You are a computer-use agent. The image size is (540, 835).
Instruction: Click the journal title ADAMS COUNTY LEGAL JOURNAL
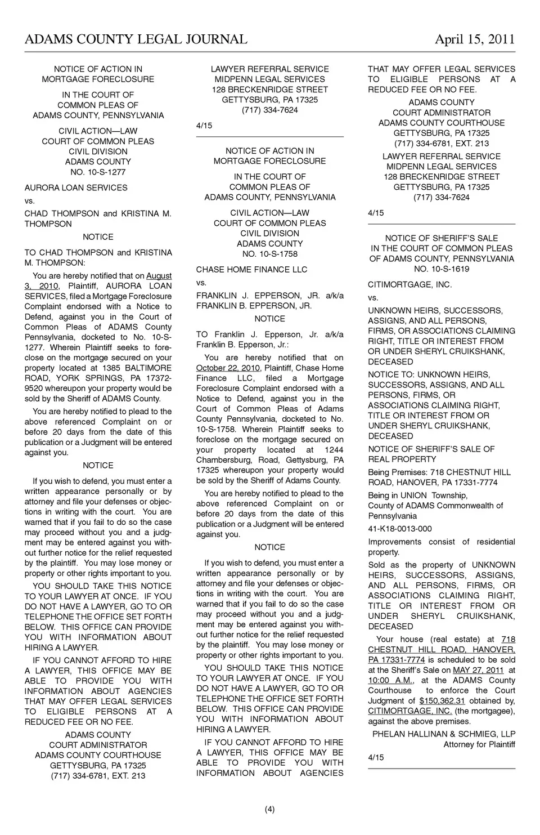pyautogui.click(x=136, y=39)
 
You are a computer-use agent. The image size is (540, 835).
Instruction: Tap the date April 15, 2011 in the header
pyautogui.click(x=475, y=39)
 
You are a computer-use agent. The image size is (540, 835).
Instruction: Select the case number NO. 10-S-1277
pyautogui.click(x=98, y=172)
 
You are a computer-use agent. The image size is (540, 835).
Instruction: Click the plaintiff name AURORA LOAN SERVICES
pyautogui.click(x=76, y=187)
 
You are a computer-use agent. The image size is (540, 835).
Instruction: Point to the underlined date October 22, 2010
pyautogui.click(x=228, y=368)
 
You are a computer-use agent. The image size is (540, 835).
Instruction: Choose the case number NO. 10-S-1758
pyautogui.click(x=269, y=254)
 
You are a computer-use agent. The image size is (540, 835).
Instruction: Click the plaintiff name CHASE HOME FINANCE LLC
pyautogui.click(x=251, y=269)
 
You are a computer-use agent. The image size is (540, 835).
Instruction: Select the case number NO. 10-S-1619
pyautogui.click(x=442, y=269)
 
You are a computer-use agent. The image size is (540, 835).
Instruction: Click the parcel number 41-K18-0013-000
pyautogui.click(x=400, y=529)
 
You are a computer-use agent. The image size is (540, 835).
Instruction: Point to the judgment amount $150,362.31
pyautogui.click(x=442, y=701)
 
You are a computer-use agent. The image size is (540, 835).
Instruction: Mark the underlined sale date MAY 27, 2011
pyautogui.click(x=478, y=670)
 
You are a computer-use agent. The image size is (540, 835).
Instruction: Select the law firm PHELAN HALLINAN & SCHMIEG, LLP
pyautogui.click(x=444, y=734)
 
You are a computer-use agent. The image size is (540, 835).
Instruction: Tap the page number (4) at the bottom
pyautogui.click(x=269, y=810)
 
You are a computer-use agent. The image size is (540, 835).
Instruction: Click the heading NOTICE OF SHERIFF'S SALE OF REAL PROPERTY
pyautogui.click(x=431, y=454)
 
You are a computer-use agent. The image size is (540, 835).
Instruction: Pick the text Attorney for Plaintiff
pyautogui.click(x=479, y=744)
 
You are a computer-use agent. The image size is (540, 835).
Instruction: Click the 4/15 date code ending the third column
pyautogui.click(x=376, y=757)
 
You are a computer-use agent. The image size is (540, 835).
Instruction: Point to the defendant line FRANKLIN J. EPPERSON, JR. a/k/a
pyautogui.click(x=269, y=295)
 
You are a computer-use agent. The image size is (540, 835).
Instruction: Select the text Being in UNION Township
pyautogui.click(x=417, y=495)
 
